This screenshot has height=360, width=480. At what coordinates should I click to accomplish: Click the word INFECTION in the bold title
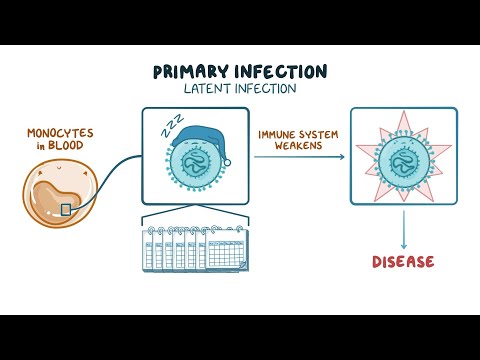coord(281,72)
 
